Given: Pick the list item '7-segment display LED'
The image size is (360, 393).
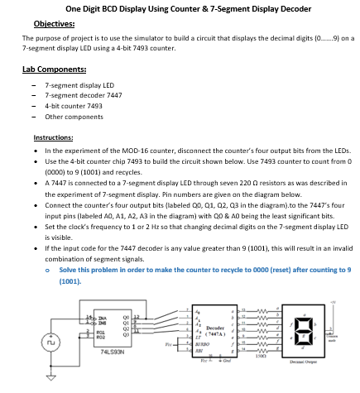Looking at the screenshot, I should (79, 85).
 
